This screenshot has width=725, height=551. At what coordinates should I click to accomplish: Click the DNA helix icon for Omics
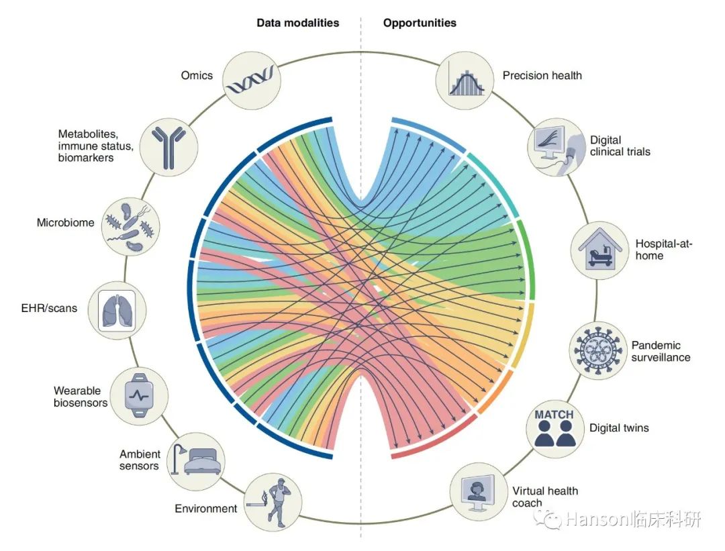click(252, 81)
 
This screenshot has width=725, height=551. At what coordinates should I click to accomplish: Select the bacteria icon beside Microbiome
click(131, 227)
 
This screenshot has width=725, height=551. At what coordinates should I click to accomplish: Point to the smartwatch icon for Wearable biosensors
click(139, 396)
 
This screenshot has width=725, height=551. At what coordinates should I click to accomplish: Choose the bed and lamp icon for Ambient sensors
click(195, 460)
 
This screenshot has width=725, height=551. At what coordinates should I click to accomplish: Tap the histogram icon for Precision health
click(466, 83)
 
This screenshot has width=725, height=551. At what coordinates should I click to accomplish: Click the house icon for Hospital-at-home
click(599, 249)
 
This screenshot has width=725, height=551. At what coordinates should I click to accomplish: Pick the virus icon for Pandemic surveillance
click(598, 350)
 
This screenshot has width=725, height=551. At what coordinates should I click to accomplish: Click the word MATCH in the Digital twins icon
click(554, 414)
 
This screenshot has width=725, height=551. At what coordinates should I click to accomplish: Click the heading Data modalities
click(298, 23)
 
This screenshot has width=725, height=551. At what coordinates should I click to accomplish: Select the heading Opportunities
click(420, 23)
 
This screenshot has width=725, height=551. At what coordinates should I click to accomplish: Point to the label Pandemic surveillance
click(661, 351)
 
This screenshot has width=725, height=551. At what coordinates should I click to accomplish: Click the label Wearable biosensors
click(81, 397)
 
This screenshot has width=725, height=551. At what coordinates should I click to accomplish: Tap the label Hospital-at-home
click(663, 250)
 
